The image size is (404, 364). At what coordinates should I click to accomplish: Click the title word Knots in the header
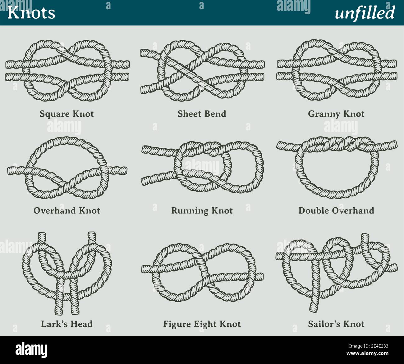(31, 13)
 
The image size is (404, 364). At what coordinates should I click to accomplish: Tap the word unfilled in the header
(365, 13)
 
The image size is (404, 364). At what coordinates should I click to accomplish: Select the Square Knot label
(67, 114)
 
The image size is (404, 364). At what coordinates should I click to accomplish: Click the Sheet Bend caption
(202, 114)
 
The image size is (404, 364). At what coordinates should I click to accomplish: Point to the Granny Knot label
(336, 114)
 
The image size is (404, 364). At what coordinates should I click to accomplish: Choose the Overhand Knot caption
(67, 211)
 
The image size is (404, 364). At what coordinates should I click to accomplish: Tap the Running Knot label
(202, 211)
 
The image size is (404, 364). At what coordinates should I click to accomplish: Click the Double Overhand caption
(336, 211)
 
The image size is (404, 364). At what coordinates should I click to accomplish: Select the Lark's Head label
(67, 324)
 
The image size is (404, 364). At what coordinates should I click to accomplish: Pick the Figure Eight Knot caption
(202, 324)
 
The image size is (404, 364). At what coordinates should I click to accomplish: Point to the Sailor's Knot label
(336, 324)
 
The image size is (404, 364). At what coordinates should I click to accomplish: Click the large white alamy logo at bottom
(31, 350)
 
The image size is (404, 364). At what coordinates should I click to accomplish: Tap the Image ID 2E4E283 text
(369, 346)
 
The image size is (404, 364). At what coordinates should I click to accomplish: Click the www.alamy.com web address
(368, 353)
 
